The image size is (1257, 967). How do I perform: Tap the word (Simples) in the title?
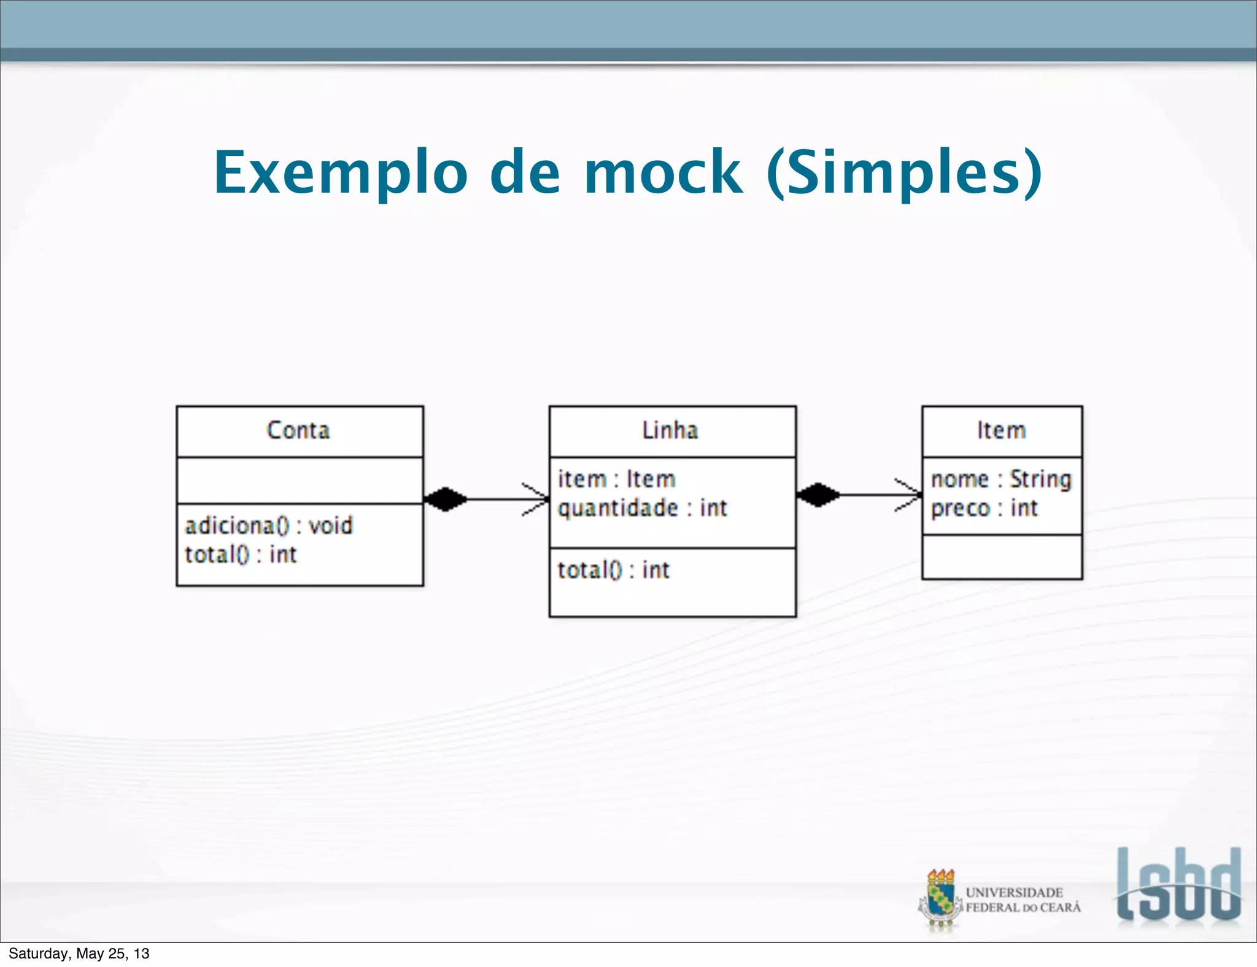coord(905,173)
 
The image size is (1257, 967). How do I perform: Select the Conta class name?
coord(298,430)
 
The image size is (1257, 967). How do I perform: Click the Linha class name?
coord(670,430)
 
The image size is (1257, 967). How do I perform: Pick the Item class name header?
coord(1001,430)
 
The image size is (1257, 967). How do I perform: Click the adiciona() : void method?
coord(269,526)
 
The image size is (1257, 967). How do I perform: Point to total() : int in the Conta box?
coord(241,555)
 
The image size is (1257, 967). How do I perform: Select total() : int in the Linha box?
coord(613,570)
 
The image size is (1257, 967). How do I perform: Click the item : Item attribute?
coord(616,479)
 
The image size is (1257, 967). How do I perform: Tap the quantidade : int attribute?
coord(642,508)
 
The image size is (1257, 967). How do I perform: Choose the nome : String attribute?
coord(1000,479)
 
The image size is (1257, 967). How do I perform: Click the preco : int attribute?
coord(984,508)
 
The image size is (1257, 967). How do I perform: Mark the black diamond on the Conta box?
coord(445,499)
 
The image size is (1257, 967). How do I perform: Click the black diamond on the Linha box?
coord(818,495)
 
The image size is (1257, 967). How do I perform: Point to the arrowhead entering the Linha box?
coord(538,499)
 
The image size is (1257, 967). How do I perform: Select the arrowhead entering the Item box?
coord(911,495)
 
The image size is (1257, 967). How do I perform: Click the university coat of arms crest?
coord(940,900)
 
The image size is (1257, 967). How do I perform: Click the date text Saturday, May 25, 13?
coord(79,954)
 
